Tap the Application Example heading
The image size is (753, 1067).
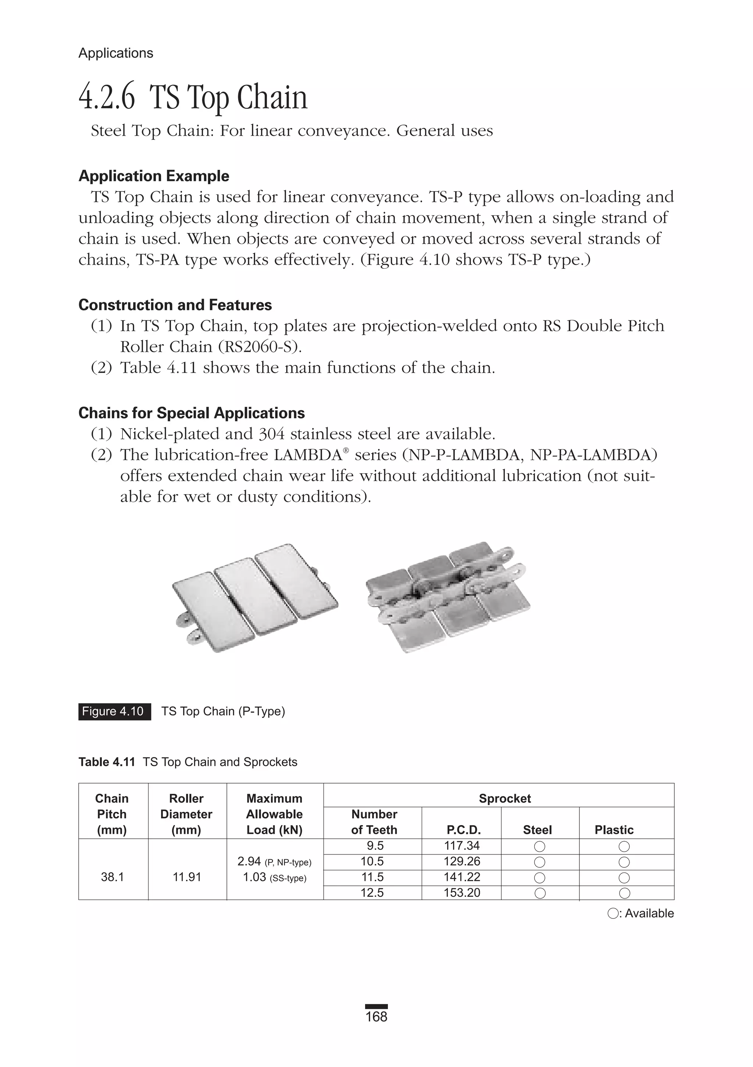[x=154, y=176]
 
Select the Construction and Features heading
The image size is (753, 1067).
[x=175, y=305]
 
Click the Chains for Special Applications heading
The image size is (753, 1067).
[x=192, y=413]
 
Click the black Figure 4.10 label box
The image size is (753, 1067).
[x=114, y=711]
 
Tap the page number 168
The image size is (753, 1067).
[x=376, y=1017]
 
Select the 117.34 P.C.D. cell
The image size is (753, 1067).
[x=461, y=846]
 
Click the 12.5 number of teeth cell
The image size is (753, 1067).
[x=372, y=893]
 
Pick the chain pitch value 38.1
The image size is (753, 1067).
[x=113, y=877]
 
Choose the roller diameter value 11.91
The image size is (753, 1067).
[x=187, y=877]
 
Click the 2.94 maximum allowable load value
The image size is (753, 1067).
[x=249, y=861]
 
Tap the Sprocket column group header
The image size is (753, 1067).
[x=505, y=798]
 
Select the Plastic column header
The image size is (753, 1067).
[x=614, y=829]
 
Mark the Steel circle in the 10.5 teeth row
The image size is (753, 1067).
[x=540, y=862]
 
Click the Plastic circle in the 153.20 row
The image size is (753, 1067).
[x=624, y=893]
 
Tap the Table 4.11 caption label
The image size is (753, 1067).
[x=107, y=762]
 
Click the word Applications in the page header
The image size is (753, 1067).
[x=116, y=53]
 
